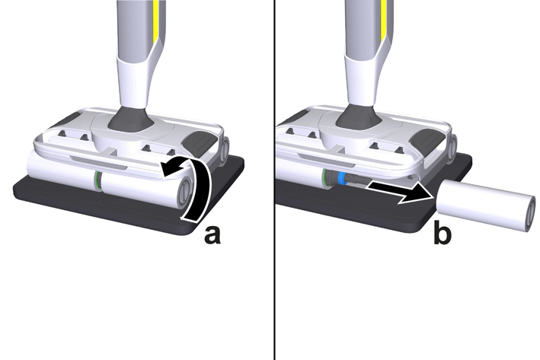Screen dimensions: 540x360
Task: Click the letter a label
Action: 212,235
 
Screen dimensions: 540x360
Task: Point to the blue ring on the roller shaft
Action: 341,178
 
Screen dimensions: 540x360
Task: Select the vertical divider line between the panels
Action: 275,180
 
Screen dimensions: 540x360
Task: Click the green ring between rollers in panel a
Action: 97,180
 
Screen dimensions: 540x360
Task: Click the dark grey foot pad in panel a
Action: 199,141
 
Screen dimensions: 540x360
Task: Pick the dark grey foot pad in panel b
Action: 427,139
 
